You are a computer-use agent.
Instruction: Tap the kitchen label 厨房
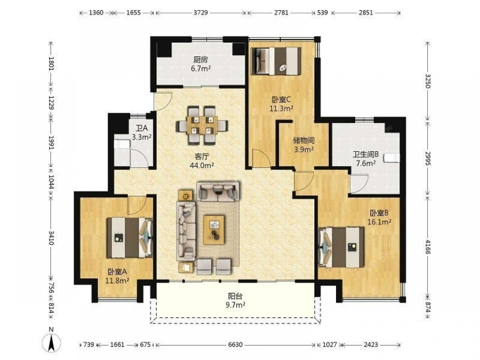tap(201, 60)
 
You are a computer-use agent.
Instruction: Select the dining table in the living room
tap(202, 125)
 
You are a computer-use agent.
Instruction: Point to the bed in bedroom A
tap(130, 237)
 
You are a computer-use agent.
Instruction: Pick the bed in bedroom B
tap(342, 247)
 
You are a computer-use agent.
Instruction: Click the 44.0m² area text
tap(202, 166)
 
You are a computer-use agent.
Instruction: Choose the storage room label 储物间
tap(304, 141)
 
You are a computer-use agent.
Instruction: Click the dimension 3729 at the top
tap(201, 12)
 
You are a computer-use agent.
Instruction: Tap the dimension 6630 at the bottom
tap(235, 345)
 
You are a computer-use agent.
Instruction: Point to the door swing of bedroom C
tap(261, 158)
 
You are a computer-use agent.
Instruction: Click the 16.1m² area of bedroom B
tap(379, 222)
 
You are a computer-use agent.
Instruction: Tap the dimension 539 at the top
tap(323, 12)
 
